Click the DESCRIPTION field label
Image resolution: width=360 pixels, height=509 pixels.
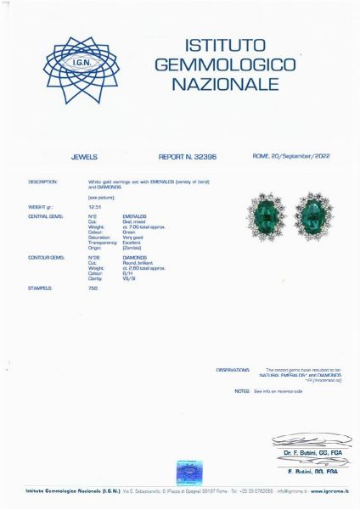[x=42, y=182]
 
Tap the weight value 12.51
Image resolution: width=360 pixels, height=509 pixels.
[x=93, y=206]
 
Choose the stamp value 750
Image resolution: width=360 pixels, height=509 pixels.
[x=93, y=288]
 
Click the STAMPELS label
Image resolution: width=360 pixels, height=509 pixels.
[x=40, y=288]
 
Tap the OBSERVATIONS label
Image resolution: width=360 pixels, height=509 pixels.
[x=233, y=370]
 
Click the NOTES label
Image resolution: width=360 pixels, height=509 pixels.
[x=241, y=391]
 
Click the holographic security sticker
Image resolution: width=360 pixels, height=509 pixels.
[x=189, y=473]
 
